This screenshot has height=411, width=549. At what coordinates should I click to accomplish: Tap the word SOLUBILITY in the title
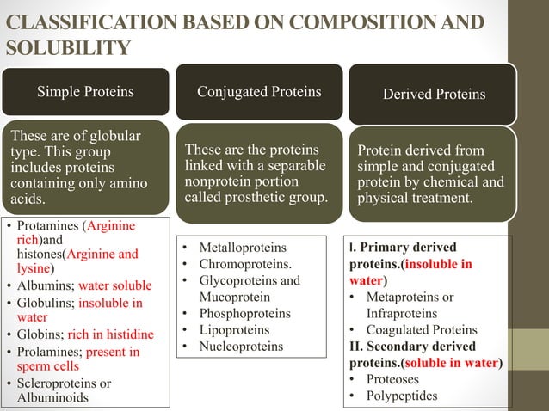tap(68, 46)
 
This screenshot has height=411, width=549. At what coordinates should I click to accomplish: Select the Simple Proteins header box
tap(84, 92)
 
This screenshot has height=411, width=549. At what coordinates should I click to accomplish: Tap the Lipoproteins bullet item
tap(233, 330)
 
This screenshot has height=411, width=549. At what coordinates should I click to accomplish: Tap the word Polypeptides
tap(402, 396)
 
